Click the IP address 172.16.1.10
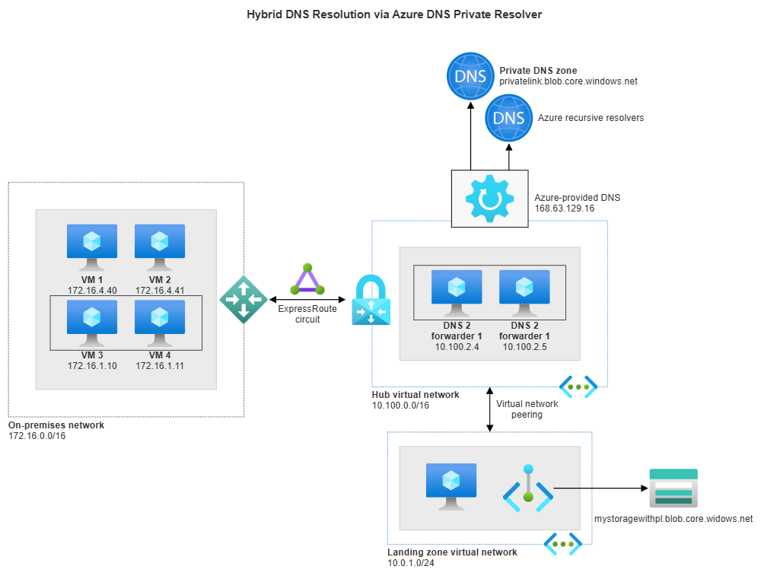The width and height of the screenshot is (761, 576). [92, 366]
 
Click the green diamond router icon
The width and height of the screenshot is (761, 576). [244, 299]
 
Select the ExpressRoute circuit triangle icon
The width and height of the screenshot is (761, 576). [307, 281]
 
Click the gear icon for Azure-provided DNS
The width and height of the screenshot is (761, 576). [489, 199]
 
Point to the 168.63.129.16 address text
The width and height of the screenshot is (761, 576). [565, 207]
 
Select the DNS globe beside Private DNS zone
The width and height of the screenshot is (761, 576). [470, 75]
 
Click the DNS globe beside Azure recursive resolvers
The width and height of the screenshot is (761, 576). [508, 118]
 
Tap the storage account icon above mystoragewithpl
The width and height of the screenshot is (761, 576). [670, 488]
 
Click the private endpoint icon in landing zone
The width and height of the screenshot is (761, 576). [528, 489]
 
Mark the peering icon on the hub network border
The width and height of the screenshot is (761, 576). [578, 387]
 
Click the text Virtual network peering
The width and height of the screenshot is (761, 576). [527, 409]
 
